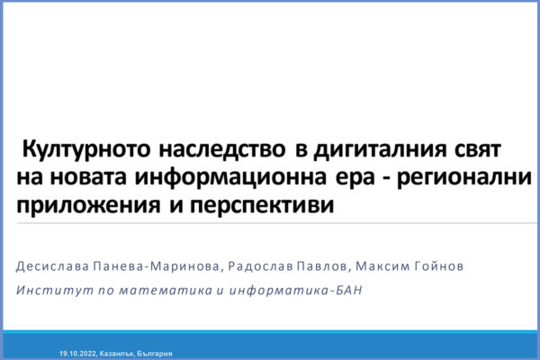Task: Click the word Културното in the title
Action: (x=86, y=150)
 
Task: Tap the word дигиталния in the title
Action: (x=380, y=150)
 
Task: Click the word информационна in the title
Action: (x=230, y=177)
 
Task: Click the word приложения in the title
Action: (x=88, y=206)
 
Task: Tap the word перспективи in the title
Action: (x=262, y=206)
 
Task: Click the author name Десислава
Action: (x=53, y=266)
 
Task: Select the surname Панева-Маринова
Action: (x=157, y=266)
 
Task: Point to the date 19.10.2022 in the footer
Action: (x=78, y=354)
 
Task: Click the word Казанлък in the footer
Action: (x=117, y=354)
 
